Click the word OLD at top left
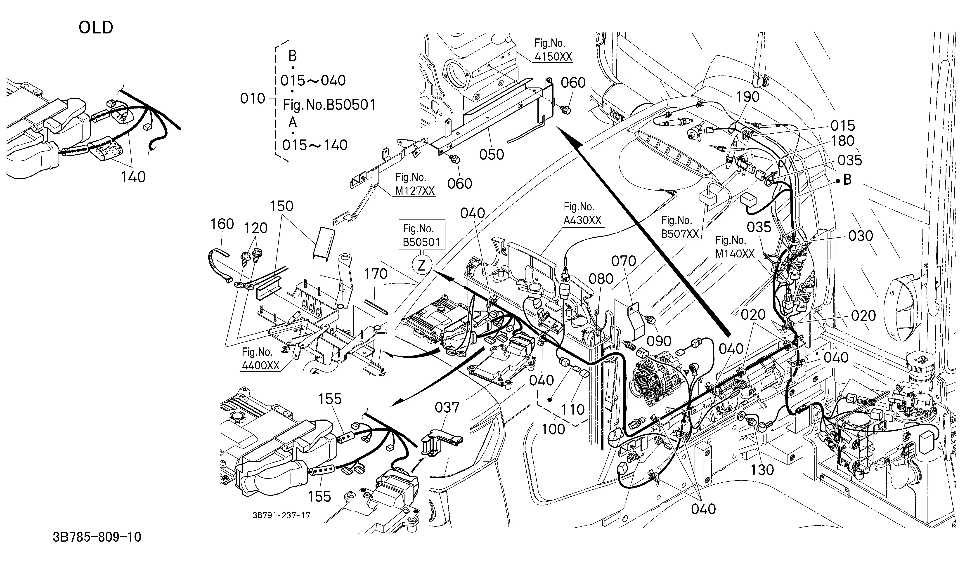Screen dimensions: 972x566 tap(96, 27)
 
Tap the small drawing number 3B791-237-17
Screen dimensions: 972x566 tap(281, 516)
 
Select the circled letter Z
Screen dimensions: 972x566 tap(422, 265)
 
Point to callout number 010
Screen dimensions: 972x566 tap(253, 99)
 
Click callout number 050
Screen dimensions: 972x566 tap(491, 155)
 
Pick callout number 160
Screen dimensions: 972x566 tap(222, 224)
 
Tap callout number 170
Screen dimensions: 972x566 tap(376, 274)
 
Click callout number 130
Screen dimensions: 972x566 tap(762, 470)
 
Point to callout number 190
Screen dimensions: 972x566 tap(748, 97)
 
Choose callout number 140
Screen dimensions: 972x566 tap(133, 177)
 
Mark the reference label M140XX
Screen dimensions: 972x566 tap(735, 254)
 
